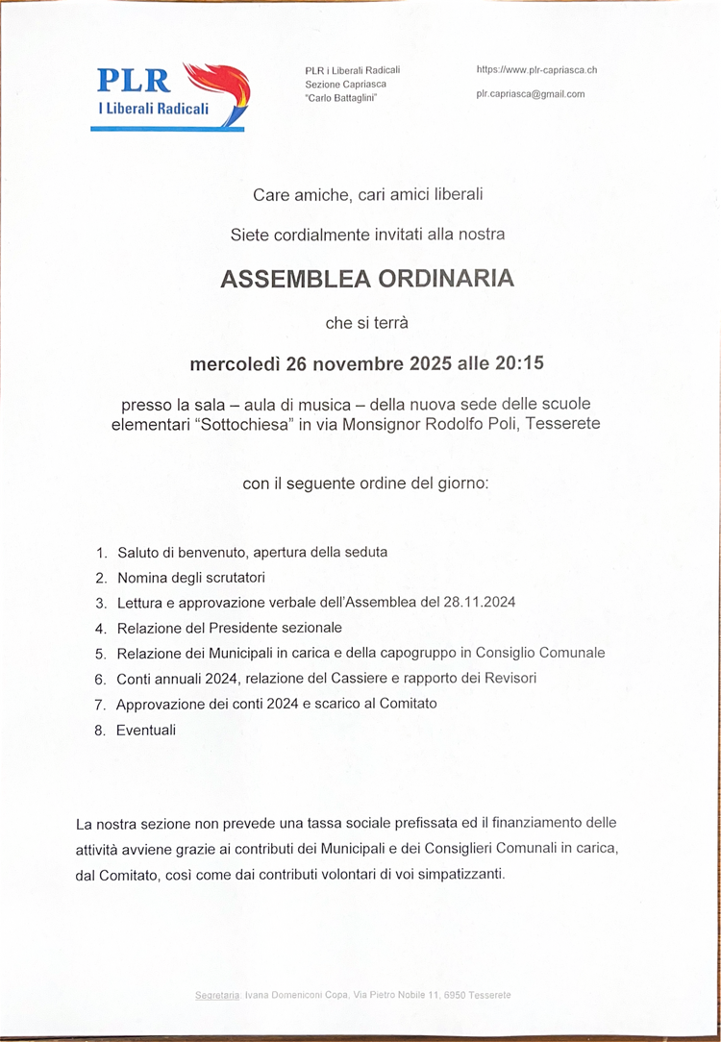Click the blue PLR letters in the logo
tap(134, 80)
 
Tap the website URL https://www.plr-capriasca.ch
tap(536, 70)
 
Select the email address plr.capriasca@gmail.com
tap(530, 94)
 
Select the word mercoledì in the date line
tap(230, 364)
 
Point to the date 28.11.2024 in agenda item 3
tap(481, 603)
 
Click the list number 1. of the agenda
tap(101, 553)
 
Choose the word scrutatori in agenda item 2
tap(234, 578)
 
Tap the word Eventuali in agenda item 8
tap(146, 730)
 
